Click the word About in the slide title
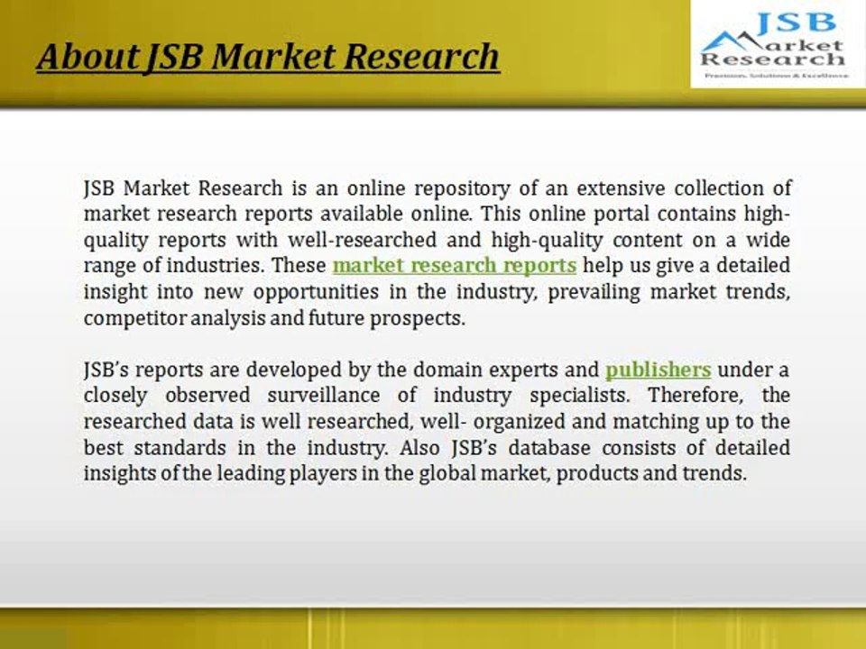(x=86, y=57)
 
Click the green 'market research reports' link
(x=454, y=266)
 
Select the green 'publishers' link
(x=658, y=370)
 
